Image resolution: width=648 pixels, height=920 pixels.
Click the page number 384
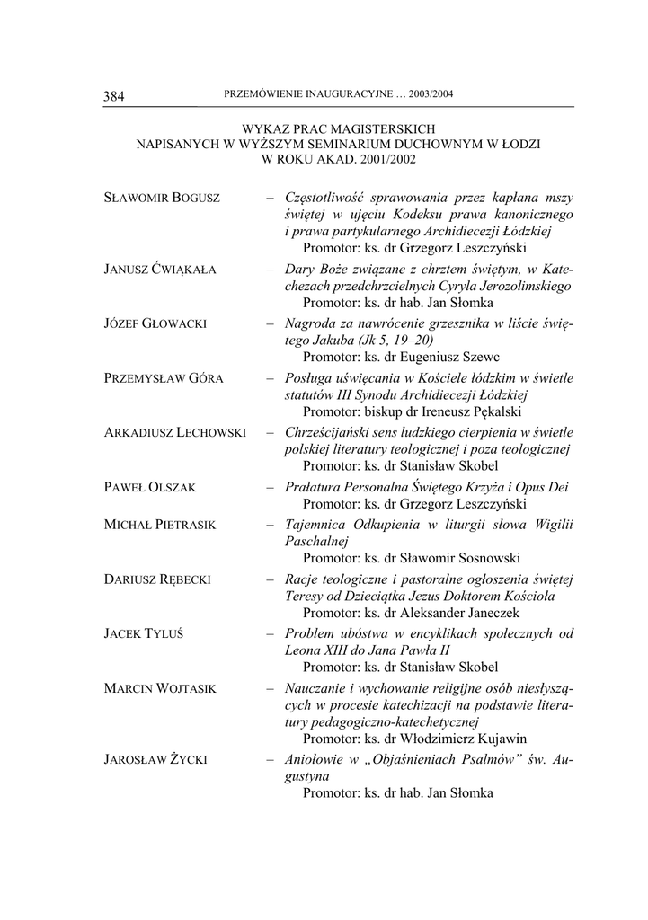[x=114, y=95]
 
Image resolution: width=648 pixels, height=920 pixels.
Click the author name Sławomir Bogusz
[x=163, y=198]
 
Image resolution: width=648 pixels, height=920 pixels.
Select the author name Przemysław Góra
[x=164, y=378]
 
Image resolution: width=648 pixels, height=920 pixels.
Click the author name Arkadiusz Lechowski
[x=175, y=433]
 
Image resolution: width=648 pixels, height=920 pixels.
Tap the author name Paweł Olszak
[x=150, y=487]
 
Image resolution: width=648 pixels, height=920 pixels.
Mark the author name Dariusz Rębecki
[x=157, y=579]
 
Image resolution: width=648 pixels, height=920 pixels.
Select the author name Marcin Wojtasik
[x=160, y=688]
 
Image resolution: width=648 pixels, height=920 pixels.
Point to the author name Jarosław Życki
[x=155, y=760]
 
